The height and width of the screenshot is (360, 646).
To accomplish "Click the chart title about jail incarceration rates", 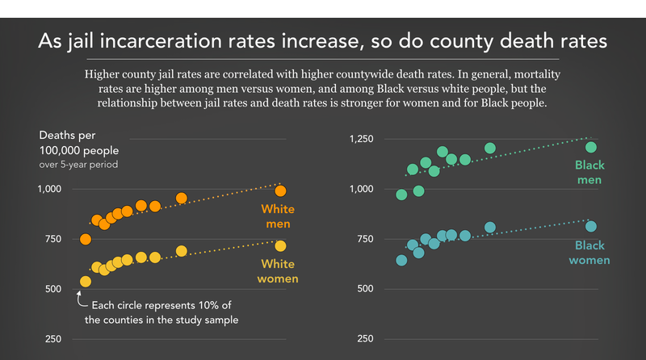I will click(323, 42).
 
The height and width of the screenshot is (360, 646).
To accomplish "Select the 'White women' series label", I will click(277, 271).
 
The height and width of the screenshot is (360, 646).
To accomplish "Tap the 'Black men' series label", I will click(589, 172).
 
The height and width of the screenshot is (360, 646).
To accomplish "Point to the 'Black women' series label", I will click(589, 253).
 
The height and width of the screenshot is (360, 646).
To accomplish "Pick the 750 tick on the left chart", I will click(50, 239).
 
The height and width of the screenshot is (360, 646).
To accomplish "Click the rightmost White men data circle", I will click(281, 190).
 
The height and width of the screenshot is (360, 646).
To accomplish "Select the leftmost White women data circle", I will click(86, 281).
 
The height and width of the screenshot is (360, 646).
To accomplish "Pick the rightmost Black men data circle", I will click(591, 147).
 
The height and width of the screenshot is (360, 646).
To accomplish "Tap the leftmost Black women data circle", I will click(401, 260).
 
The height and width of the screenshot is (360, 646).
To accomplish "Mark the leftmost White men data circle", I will click(86, 239).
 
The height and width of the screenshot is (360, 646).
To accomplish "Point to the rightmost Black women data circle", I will click(591, 227).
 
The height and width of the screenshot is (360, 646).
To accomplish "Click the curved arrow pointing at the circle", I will click(81, 300).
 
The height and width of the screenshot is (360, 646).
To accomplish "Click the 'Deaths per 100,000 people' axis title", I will click(73, 143).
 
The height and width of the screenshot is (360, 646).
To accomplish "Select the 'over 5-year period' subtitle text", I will click(78, 165).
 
